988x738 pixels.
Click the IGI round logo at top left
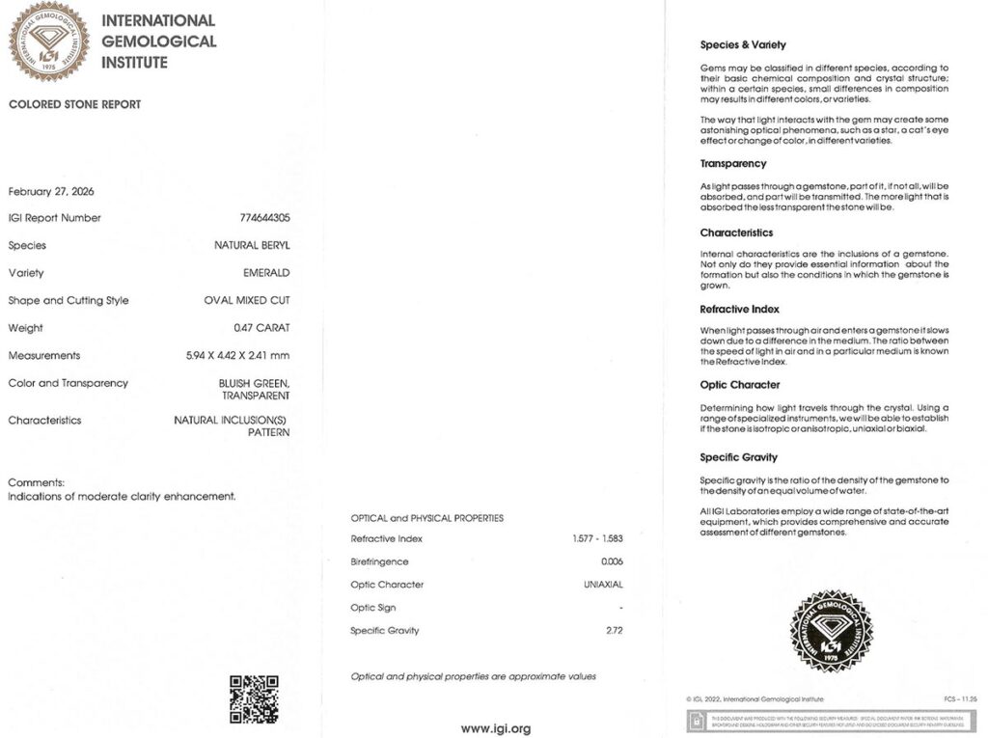coord(48,41)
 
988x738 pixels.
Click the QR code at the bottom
coord(254,698)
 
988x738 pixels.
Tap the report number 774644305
coord(264,218)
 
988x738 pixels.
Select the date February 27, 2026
coord(51,191)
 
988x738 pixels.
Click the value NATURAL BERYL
coord(252,246)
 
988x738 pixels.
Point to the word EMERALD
coord(267,273)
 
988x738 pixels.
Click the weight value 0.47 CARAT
coord(261,328)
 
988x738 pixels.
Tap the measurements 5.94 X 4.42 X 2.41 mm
coord(237,356)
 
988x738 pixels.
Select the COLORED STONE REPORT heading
coord(74,104)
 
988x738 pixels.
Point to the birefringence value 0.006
coord(612,561)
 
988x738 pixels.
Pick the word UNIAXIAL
coord(603,585)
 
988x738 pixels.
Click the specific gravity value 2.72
coord(613,631)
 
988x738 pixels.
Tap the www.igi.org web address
coord(495,728)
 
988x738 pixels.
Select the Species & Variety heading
coord(742,44)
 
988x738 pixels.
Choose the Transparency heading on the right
coord(732,164)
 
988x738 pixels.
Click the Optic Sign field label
coord(373,608)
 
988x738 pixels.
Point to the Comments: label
coord(36,482)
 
